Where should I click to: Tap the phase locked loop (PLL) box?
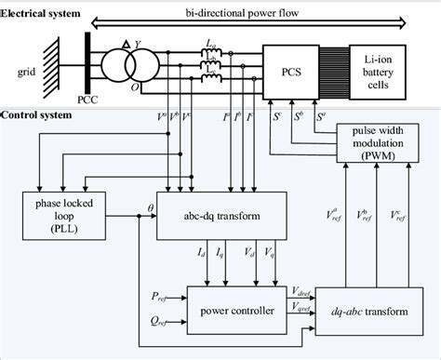65,213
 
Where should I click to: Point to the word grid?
26,70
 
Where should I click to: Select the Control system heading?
35,117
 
